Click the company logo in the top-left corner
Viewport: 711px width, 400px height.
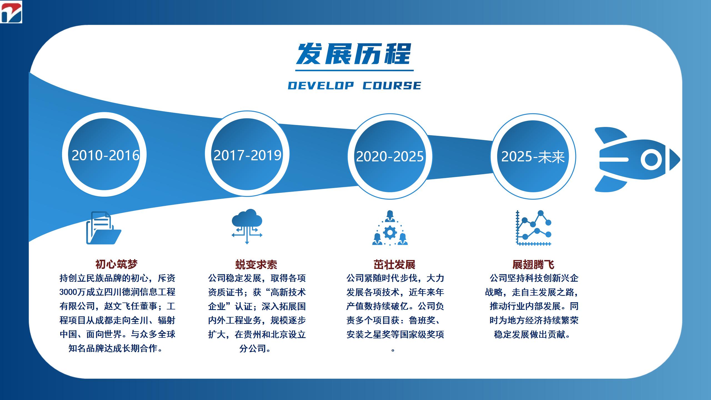pos(11,12)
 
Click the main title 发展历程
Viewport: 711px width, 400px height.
pos(354,54)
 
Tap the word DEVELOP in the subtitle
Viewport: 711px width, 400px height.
pos(321,86)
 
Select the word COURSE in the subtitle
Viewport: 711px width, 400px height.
pos(392,86)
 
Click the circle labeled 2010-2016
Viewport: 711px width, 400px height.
pos(104,154)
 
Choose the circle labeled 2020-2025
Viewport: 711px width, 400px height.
pos(390,156)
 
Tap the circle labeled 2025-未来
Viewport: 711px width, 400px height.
pos(533,156)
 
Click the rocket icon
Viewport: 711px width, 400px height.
pos(637,159)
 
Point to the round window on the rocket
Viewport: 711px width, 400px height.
pos(651,159)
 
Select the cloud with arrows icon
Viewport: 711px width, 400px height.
pos(247,226)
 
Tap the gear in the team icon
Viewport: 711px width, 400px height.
pos(390,232)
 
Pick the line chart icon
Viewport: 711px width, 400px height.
pos(534,228)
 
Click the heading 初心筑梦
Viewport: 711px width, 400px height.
pos(117,264)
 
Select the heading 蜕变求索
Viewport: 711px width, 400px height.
pos(256,265)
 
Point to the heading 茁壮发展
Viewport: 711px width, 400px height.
pos(394,265)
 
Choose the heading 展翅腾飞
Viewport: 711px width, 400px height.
pos(533,265)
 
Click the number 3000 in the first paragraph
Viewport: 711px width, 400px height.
pos(68,292)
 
